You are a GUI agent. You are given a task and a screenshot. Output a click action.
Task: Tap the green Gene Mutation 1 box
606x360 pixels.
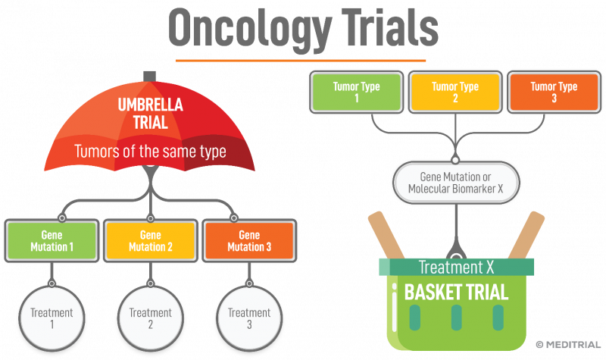point(52,240)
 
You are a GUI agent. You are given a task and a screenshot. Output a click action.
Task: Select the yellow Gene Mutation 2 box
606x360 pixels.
point(151,240)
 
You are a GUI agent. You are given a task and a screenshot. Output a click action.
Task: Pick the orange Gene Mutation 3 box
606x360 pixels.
point(249,240)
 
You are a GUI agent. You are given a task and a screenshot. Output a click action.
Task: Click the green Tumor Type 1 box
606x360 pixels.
point(356,92)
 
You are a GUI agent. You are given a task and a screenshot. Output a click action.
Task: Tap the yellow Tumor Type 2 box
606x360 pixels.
point(454,92)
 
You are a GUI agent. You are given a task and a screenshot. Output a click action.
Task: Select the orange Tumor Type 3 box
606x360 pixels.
point(553,92)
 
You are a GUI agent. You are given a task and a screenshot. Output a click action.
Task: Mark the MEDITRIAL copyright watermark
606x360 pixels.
point(568,345)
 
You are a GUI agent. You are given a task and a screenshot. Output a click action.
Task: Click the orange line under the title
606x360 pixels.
point(301,60)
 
